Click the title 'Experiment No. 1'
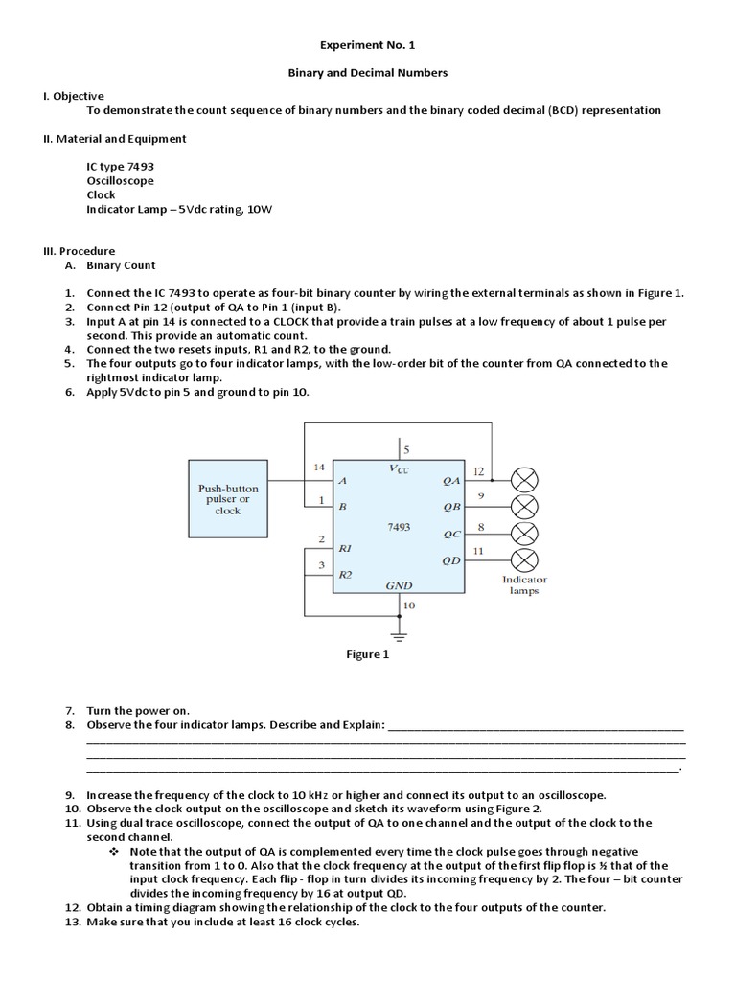pos(368,44)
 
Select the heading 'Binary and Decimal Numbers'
pos(368,72)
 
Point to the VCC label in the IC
pos(399,469)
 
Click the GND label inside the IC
pos(399,583)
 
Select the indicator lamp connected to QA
pos(524,479)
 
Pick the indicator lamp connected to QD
pos(524,559)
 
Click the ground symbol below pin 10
pos(399,633)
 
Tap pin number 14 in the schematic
pos(319,468)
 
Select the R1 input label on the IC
pos(346,549)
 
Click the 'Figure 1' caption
pos(369,655)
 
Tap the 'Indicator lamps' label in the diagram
pos(524,585)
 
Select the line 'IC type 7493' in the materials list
pos(120,166)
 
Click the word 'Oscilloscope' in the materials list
pos(120,180)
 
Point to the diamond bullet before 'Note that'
pos(114,852)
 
